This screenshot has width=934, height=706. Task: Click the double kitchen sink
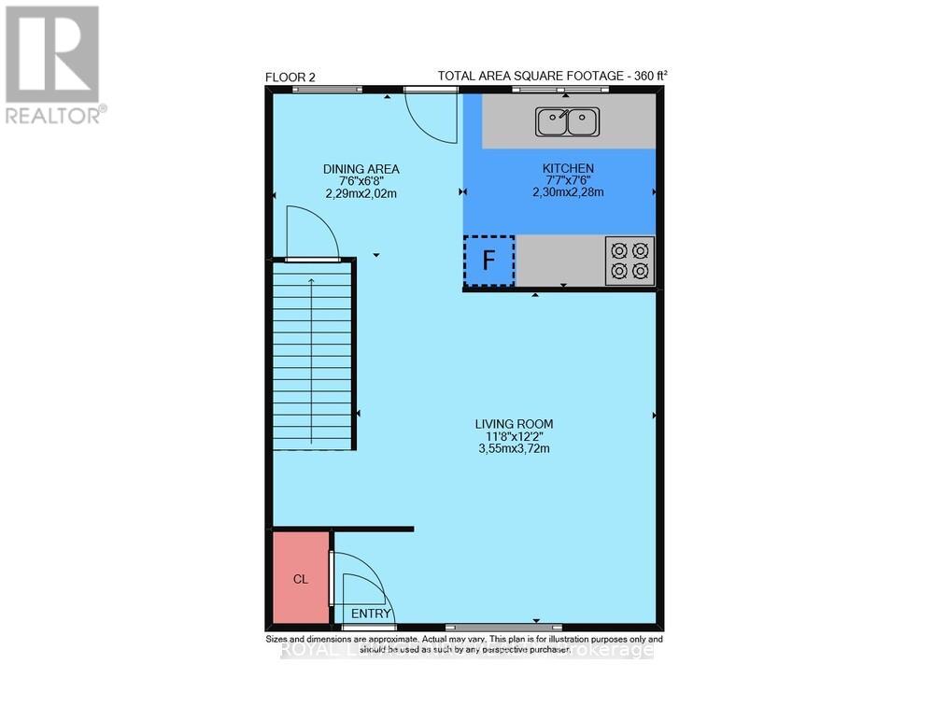click(566, 120)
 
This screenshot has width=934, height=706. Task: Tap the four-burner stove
click(630, 261)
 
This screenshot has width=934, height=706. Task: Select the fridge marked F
click(488, 261)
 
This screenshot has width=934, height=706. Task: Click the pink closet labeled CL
click(301, 578)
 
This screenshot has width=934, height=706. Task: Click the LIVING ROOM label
click(520, 423)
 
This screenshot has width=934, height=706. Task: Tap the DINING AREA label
click(361, 169)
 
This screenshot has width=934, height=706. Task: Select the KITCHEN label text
click(568, 168)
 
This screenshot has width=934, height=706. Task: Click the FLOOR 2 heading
click(290, 78)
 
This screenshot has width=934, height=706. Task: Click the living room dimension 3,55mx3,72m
click(520, 447)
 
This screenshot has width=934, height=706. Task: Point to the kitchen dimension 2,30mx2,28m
click(568, 192)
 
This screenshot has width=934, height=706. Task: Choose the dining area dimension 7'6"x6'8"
click(361, 181)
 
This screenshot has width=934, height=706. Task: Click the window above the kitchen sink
click(559, 90)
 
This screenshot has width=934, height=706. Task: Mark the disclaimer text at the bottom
click(464, 644)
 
